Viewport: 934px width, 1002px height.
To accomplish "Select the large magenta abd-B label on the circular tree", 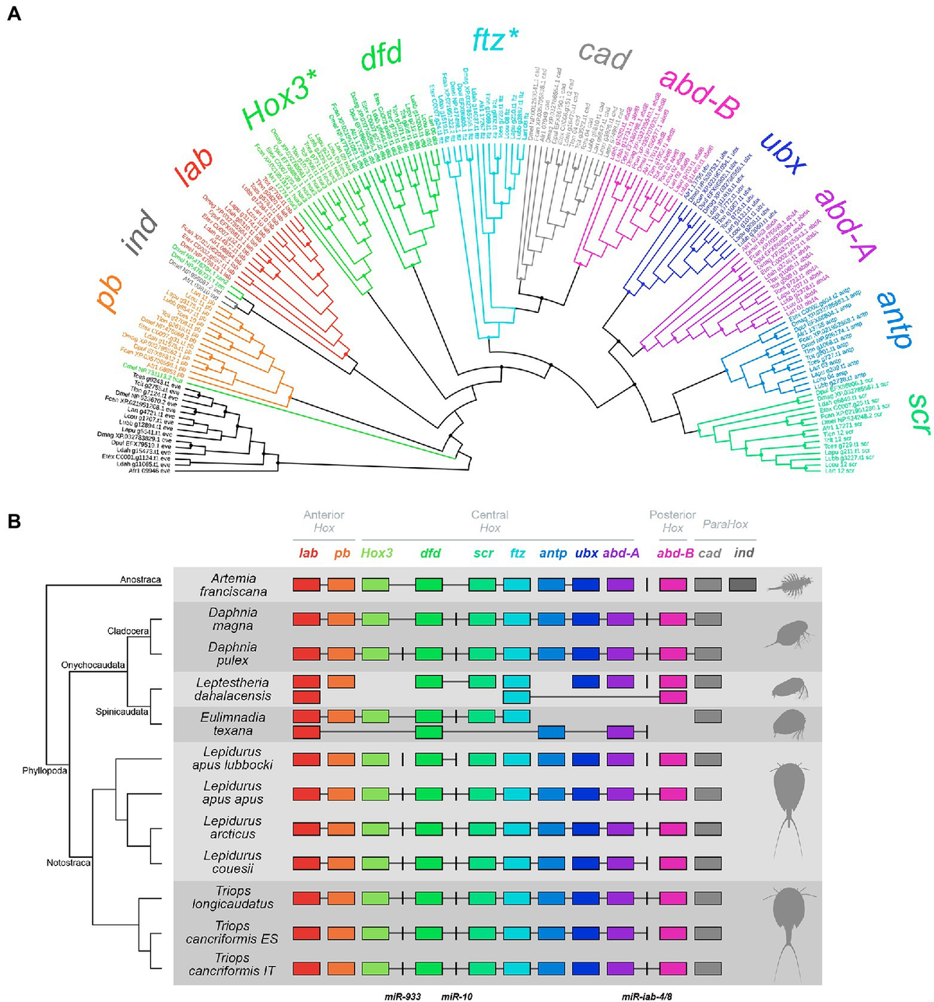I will tap(698, 93).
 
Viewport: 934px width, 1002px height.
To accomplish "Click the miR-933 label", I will tap(403, 996).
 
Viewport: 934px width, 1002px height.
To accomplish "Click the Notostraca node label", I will tap(68, 863).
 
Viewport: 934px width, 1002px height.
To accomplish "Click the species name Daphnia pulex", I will tap(233, 653).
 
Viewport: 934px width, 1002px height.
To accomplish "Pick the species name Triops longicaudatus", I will tap(233, 897).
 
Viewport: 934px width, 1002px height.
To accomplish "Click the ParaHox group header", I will tap(725, 525).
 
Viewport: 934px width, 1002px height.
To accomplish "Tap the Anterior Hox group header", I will tap(324, 521).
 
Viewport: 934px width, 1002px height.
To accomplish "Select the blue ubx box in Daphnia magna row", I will tap(585, 620).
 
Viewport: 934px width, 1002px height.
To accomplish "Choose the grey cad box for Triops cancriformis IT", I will tap(708, 968).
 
